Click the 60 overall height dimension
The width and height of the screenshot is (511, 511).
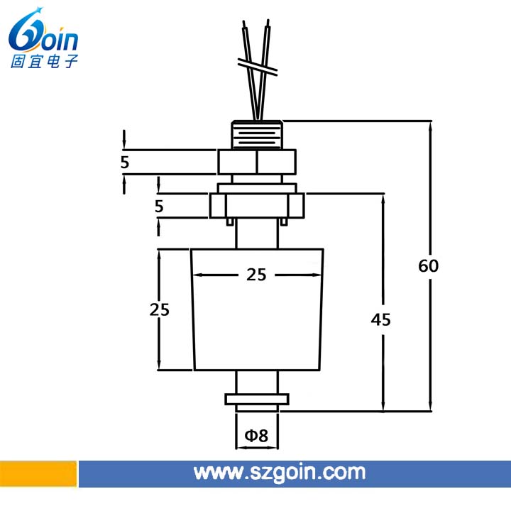(428, 265)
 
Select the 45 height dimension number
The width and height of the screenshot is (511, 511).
(380, 319)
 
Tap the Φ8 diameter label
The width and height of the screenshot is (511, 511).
(256, 435)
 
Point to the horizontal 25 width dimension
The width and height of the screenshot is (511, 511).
(256, 275)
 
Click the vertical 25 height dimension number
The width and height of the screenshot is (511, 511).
(160, 309)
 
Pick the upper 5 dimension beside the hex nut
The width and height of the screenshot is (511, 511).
(125, 162)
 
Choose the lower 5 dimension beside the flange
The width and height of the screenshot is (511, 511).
(159, 206)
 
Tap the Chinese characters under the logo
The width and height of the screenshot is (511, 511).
(44, 61)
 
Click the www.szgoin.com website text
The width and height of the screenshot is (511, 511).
(280, 473)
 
